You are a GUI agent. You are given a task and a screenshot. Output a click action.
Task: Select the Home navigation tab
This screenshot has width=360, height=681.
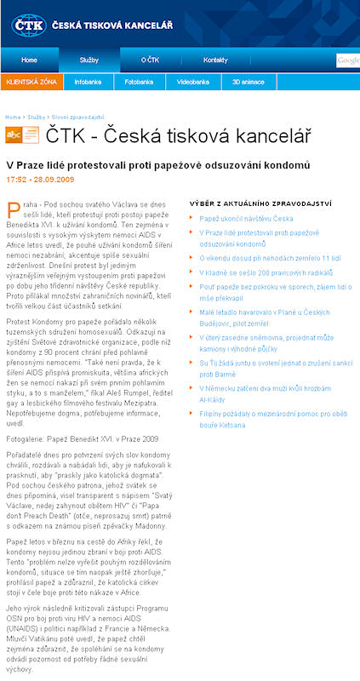29,60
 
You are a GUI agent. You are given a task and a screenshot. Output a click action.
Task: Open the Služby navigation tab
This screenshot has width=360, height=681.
89,60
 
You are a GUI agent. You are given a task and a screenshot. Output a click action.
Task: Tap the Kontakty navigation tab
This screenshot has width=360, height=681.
215,60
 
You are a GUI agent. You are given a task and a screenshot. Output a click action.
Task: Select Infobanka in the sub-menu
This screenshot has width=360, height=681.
88,83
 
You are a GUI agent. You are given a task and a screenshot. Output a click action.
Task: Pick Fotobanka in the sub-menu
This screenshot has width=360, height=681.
138,83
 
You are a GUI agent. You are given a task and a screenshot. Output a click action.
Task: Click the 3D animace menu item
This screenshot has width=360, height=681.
249,83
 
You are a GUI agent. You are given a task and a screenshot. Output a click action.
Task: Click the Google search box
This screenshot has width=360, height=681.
347,60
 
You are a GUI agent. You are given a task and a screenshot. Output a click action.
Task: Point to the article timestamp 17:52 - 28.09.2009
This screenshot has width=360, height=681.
39,180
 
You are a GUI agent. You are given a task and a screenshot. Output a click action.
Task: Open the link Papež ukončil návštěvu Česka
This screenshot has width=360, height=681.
247,219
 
